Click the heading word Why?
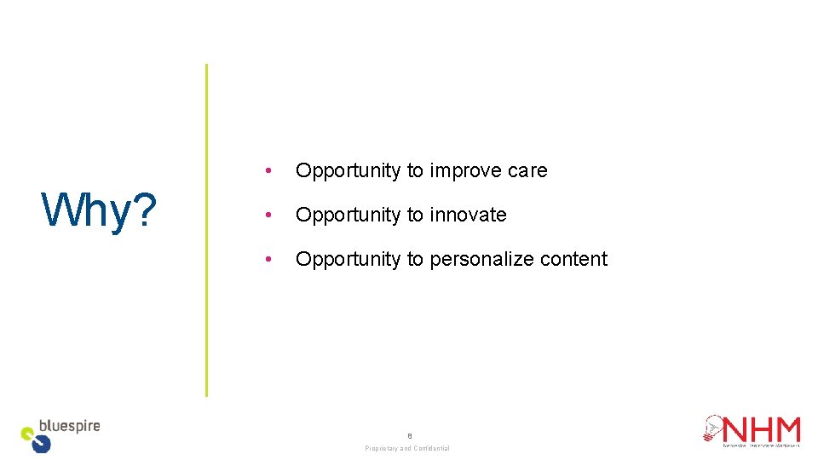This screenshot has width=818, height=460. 99,210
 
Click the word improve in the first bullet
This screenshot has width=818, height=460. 465,171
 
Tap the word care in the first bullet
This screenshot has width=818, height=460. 527,171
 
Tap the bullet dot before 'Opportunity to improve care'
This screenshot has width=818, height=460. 268,171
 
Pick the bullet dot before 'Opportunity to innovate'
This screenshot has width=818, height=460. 268,216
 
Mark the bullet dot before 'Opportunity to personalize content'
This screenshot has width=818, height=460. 268,260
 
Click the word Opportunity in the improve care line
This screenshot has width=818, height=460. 348,171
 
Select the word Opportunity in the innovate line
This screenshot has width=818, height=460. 348,216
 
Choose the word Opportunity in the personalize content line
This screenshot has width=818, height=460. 348,260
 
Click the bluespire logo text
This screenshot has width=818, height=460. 70,426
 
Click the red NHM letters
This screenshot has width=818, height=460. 763,428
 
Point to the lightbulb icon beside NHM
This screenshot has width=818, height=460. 713,428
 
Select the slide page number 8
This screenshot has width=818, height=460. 409,434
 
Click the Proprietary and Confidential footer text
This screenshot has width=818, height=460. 407,448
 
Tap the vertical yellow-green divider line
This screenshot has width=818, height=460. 206,230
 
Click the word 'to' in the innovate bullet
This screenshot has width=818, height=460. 416,216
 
